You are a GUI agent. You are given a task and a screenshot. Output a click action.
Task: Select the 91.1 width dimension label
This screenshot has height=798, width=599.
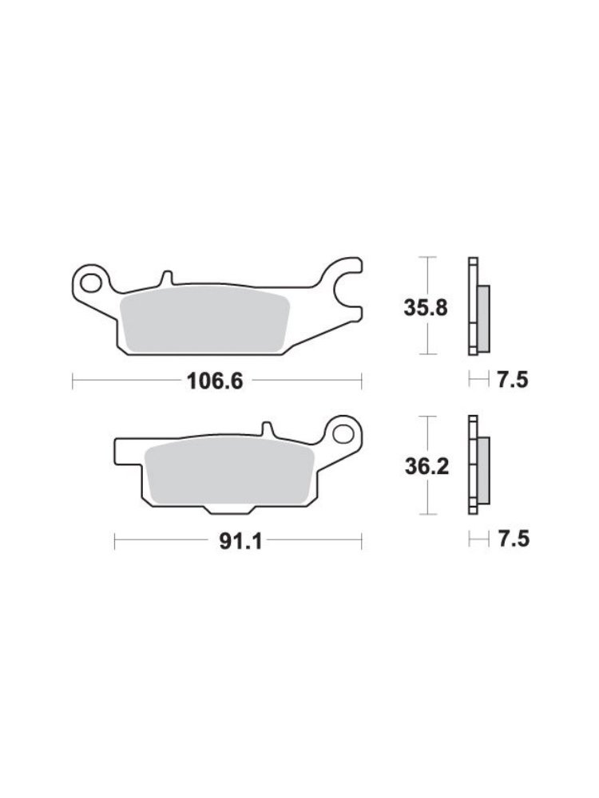point(240,542)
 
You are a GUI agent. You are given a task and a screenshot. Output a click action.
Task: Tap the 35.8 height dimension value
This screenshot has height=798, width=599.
point(426,308)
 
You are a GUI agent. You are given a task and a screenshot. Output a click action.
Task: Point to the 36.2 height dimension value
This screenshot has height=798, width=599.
point(426,466)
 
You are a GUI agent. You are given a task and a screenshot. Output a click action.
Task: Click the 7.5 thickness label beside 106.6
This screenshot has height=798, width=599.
point(513,380)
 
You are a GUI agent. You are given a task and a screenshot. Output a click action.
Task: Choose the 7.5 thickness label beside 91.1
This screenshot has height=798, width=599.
point(514,539)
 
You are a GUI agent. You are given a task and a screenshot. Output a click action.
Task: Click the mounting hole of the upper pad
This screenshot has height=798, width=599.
point(91,283)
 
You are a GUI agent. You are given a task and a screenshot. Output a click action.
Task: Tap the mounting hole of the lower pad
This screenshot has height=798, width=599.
point(343,433)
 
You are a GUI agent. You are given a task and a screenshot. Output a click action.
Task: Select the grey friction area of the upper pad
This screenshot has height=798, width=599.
point(204,323)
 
